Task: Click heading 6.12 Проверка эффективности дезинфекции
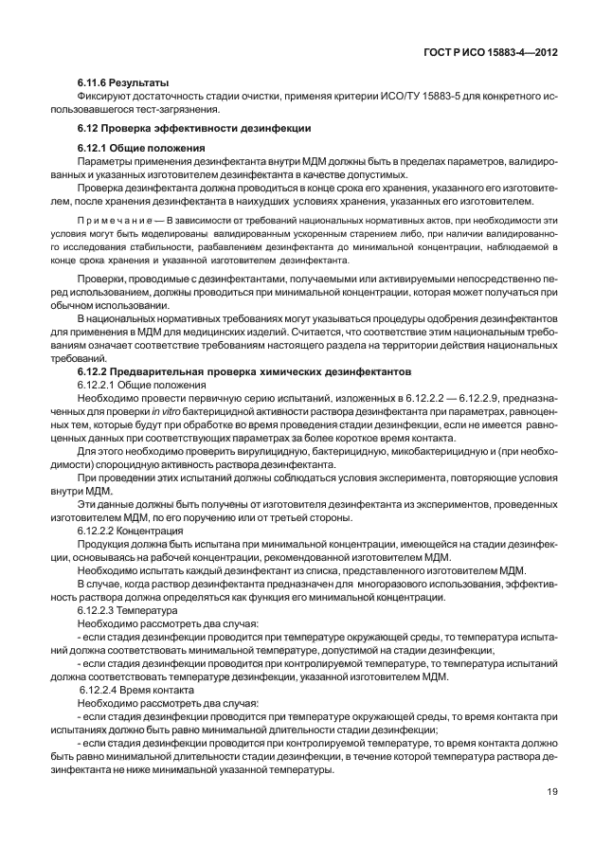(193, 127)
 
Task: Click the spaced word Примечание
(110, 221)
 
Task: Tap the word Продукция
(104, 546)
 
